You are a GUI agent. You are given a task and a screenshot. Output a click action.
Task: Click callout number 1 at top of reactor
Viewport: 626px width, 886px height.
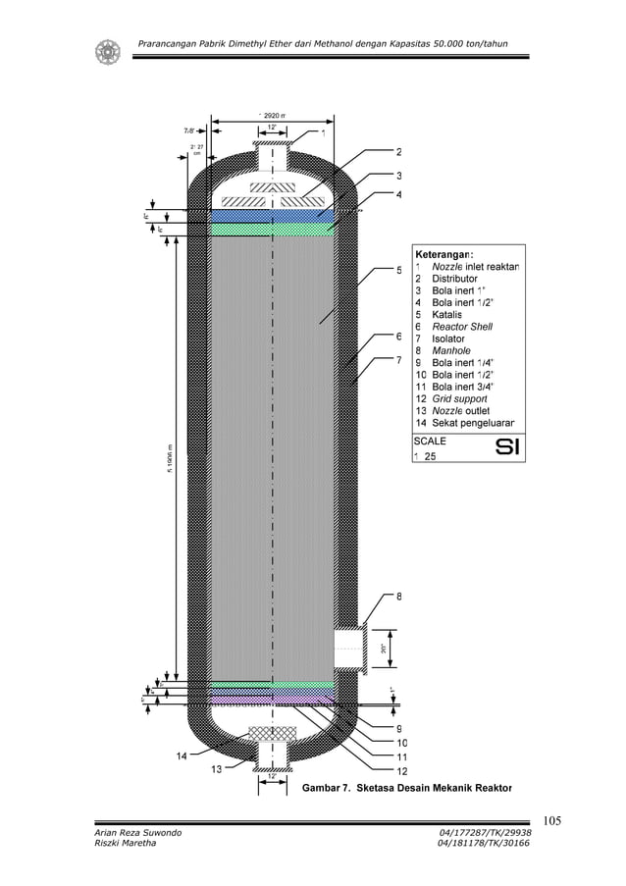point(324,132)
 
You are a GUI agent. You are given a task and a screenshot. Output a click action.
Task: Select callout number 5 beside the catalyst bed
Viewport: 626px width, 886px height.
point(398,271)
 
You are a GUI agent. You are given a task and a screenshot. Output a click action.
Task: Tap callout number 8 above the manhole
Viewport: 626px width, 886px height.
point(398,596)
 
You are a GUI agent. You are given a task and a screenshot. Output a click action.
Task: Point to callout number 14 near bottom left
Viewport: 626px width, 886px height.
point(183,755)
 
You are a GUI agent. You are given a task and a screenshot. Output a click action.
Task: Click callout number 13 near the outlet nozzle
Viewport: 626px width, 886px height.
point(216,769)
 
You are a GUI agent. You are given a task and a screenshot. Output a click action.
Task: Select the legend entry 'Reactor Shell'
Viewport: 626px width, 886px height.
point(461,327)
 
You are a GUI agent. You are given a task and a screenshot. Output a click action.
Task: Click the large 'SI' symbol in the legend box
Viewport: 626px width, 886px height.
point(507,448)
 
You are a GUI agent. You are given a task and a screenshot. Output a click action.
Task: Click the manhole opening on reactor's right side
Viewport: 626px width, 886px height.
point(348,648)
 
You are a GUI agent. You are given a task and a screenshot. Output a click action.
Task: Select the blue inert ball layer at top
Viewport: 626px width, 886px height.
point(272,215)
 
